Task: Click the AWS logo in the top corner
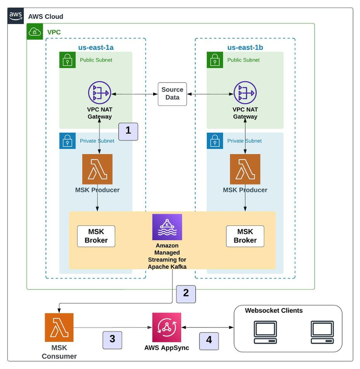point(16,16)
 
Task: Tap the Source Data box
point(172,93)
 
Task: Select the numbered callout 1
point(129,130)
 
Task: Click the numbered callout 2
point(186,293)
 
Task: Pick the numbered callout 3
point(112,339)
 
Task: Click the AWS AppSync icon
point(166,327)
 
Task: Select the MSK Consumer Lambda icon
point(59,328)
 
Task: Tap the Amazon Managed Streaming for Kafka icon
point(167,227)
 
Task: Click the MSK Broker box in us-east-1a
point(96,236)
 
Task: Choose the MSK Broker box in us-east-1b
point(245,236)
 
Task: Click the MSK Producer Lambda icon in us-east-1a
point(97,169)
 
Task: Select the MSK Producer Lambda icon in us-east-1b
point(245,169)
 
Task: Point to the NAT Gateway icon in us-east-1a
point(99,93)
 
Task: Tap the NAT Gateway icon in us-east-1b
point(245,93)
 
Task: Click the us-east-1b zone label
point(245,48)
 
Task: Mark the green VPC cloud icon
point(35,32)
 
